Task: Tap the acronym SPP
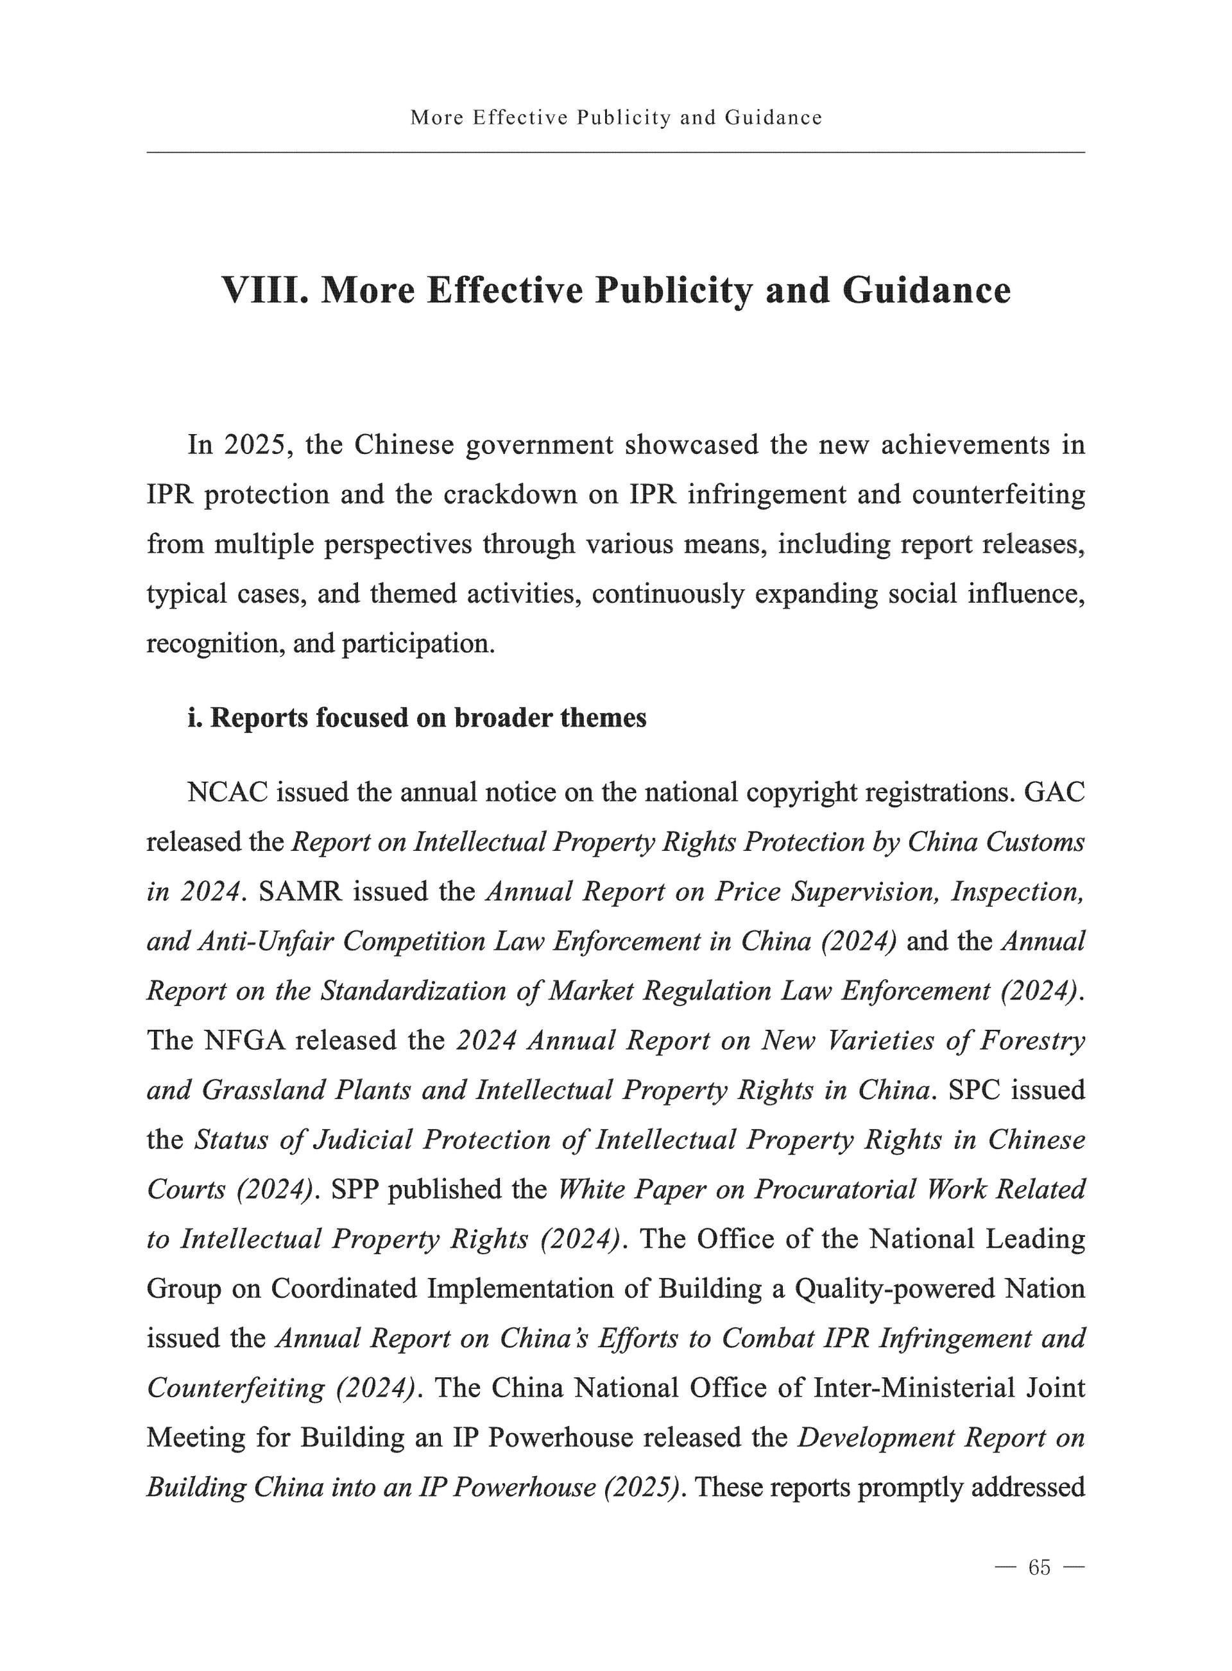(x=354, y=1190)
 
